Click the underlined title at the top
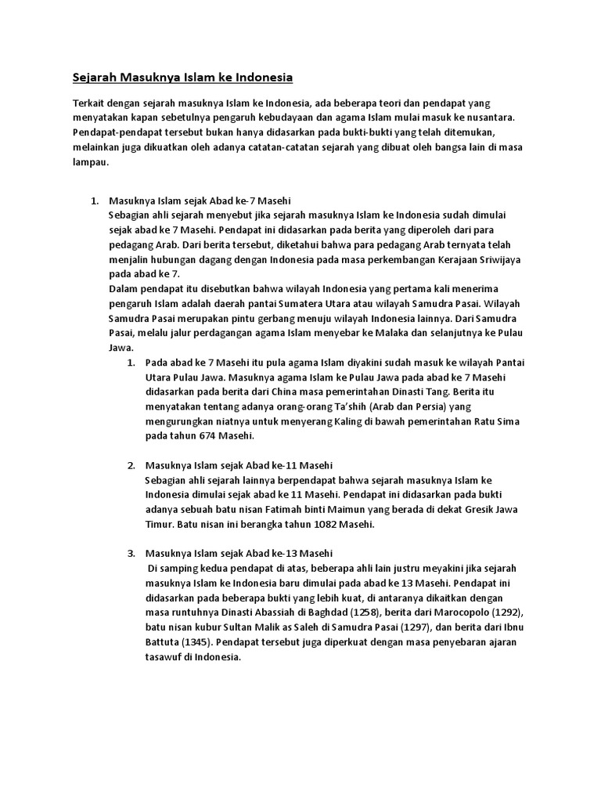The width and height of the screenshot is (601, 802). [182, 78]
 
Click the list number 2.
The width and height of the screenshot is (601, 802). [131, 465]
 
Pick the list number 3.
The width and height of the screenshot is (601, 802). [131, 554]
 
